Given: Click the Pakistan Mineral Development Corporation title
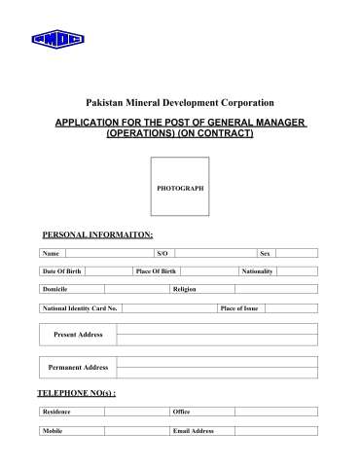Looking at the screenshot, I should (180, 102).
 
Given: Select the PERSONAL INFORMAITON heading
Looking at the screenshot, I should (97, 234).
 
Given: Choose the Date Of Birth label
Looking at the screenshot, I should (60, 270).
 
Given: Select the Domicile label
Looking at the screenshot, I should (54, 289).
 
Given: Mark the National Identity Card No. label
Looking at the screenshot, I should (80, 307).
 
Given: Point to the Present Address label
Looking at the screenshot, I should (78, 335).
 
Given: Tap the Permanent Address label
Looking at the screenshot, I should (78, 368).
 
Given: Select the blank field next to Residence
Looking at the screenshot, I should (136, 412).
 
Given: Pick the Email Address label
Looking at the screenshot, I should (193, 430).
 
